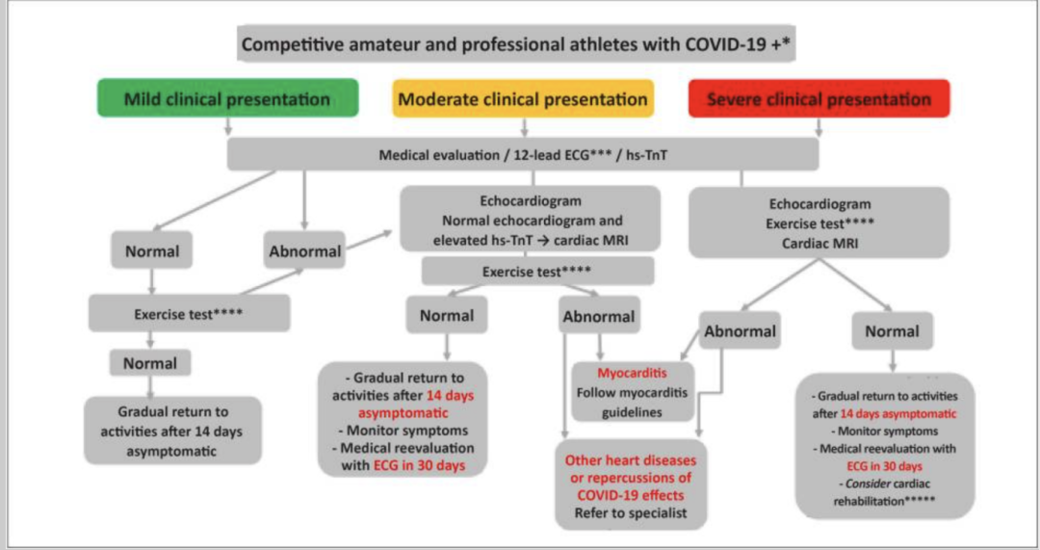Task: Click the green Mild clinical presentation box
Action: pos(227,99)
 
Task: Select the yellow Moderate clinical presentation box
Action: pos(523,99)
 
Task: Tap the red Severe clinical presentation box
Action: pos(819,99)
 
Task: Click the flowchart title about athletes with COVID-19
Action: pos(517,44)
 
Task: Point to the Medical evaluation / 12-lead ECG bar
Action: pos(523,154)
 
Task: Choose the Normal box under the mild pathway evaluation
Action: pos(151,251)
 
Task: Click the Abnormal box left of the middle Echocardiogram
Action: pos(304,251)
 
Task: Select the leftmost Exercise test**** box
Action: pos(189,314)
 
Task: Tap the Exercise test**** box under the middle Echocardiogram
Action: pos(537,272)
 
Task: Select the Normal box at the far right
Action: pos(892,331)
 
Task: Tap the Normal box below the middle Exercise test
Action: pos(447,315)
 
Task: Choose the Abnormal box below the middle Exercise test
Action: pos(597,316)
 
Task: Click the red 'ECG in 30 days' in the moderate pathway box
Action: pos(420,465)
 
